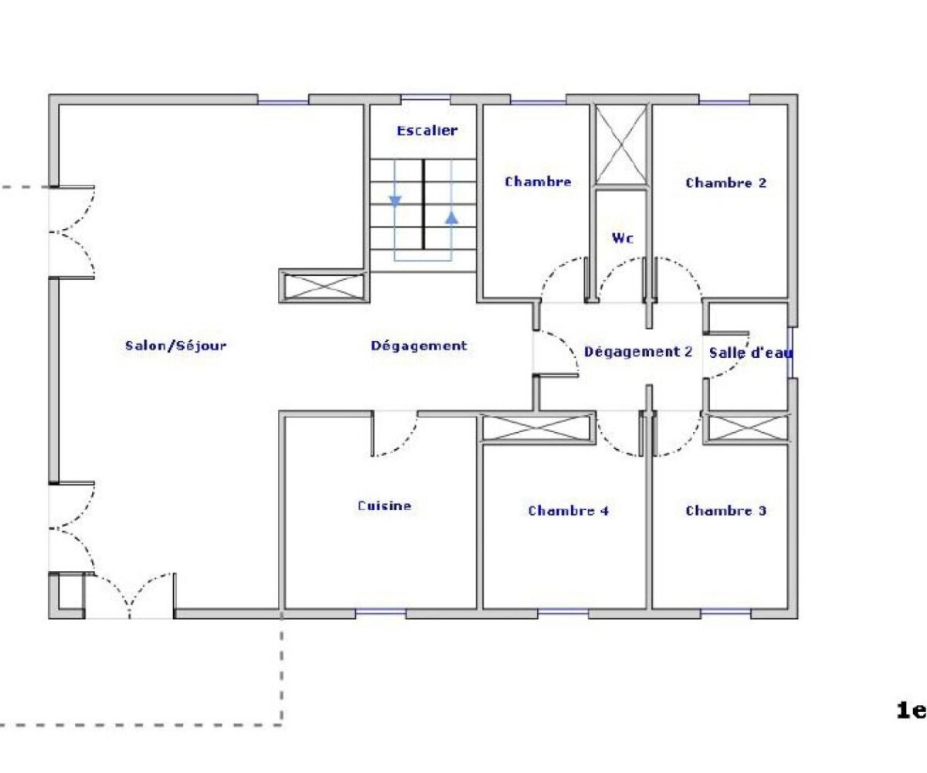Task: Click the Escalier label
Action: tap(426, 131)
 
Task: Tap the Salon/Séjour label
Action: tap(176, 346)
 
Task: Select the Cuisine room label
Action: tap(385, 505)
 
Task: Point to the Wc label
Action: tap(623, 238)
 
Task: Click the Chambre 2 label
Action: tap(726, 182)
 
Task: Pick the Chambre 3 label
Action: tap(726, 510)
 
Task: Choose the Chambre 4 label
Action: tap(569, 510)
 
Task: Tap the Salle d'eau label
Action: tap(751, 352)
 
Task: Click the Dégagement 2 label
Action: tap(638, 352)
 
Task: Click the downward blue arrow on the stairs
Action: tap(395, 202)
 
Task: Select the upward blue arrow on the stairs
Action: tap(451, 217)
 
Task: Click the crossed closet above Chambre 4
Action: tap(537, 427)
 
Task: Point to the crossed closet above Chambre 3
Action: tap(747, 427)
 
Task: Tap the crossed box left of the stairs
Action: tap(324, 286)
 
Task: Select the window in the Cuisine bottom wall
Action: tap(381, 613)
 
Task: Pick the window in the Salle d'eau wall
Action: tap(789, 352)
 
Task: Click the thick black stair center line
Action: tap(423, 204)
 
